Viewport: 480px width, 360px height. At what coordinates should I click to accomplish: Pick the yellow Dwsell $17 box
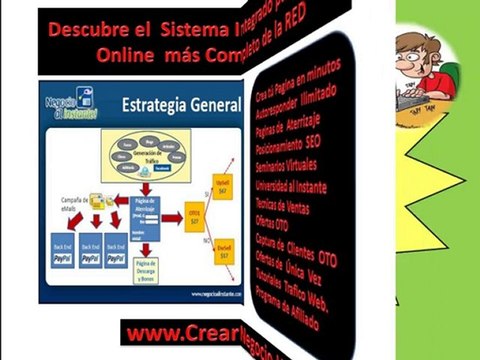[223, 256]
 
